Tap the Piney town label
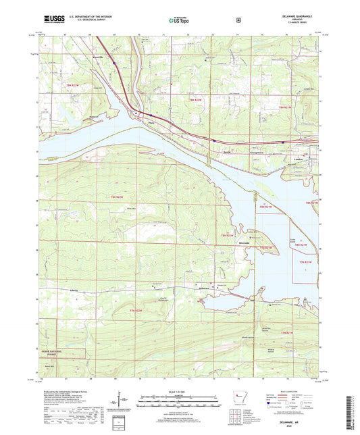[142, 122]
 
